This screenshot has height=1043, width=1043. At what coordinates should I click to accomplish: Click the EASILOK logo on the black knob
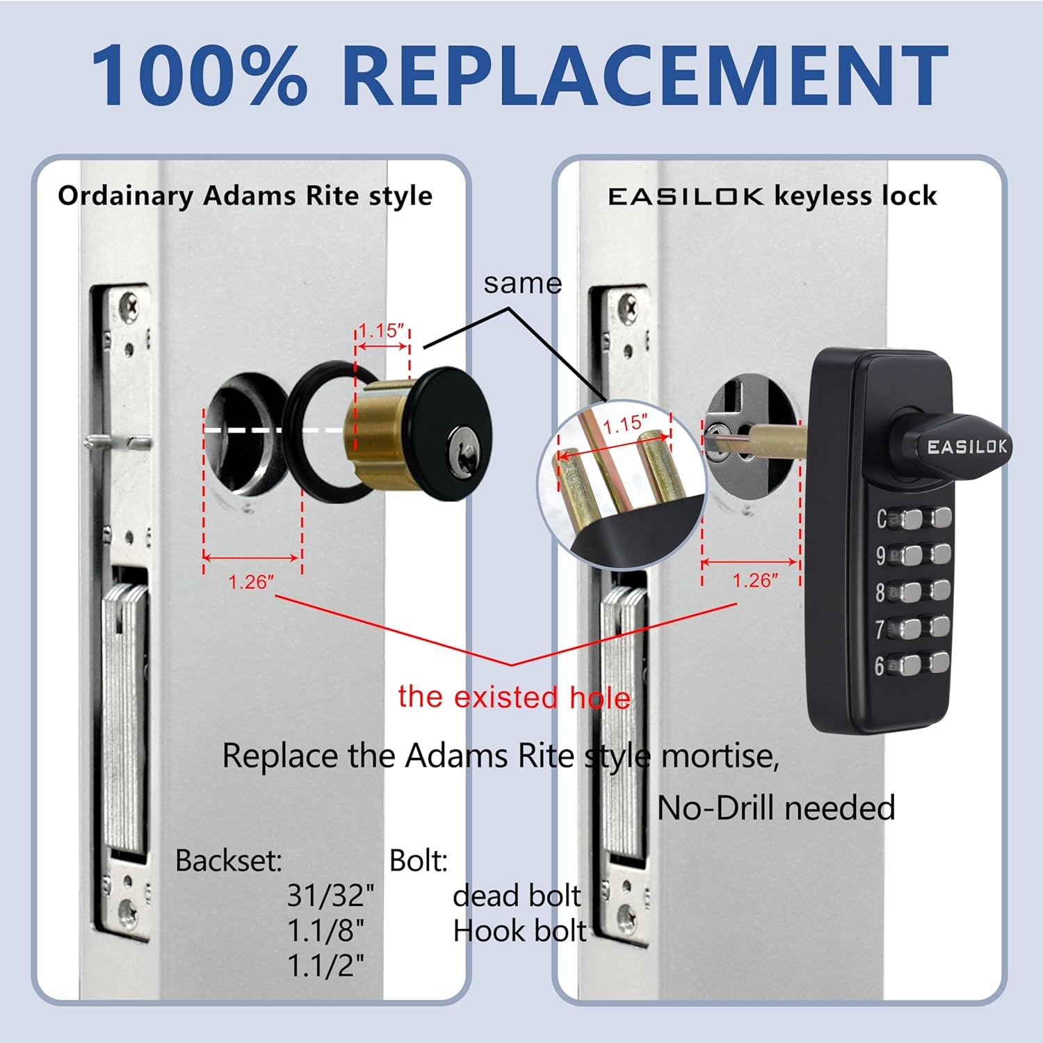967,446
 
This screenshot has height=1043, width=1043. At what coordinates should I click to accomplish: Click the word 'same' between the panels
522,284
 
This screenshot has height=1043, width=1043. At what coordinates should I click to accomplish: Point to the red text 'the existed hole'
514,697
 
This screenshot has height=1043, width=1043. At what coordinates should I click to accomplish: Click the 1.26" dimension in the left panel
251,582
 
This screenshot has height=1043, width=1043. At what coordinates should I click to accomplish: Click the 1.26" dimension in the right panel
755,581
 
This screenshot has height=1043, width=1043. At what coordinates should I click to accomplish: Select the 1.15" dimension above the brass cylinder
382,330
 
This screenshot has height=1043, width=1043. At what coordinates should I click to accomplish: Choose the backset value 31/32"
330,896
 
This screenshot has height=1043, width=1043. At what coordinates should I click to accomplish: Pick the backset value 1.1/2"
325,966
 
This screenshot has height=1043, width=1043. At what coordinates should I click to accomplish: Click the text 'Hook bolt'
519,931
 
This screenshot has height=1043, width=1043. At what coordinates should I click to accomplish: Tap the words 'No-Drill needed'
776,808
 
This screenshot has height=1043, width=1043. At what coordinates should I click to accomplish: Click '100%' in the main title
200,75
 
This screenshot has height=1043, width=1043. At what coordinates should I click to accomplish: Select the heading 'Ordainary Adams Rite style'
245,196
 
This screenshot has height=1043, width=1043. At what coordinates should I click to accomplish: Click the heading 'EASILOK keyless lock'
772,196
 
